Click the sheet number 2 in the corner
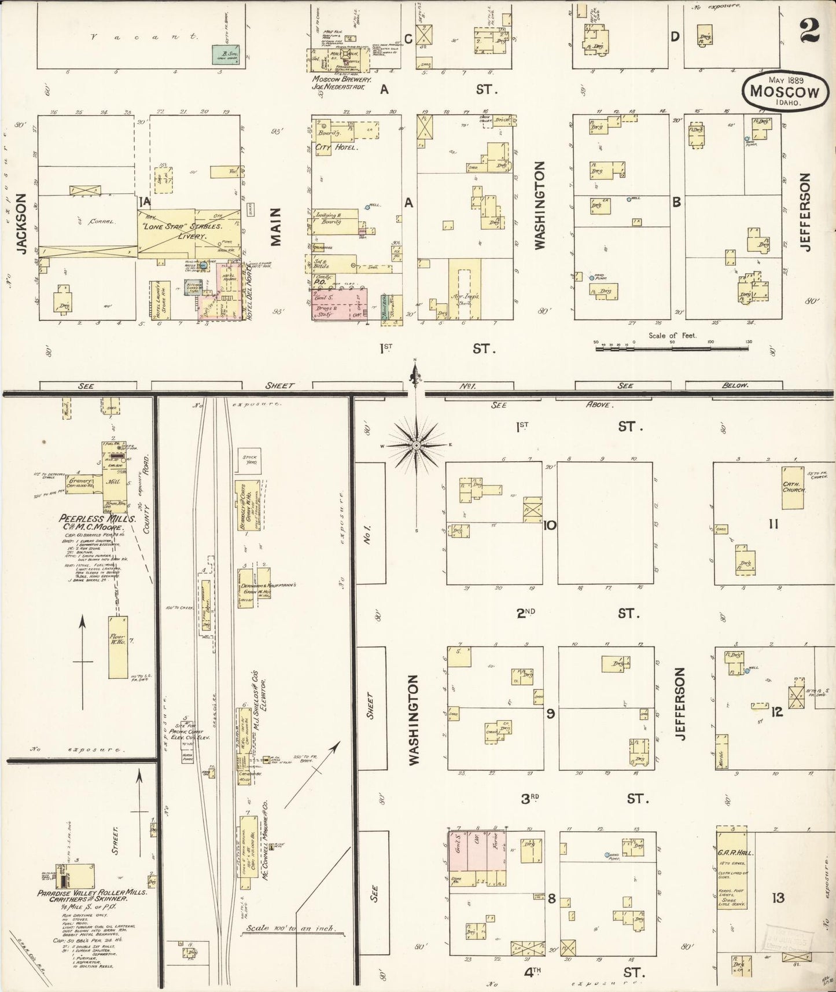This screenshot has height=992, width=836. [810, 29]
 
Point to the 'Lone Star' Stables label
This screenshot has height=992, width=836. [179, 227]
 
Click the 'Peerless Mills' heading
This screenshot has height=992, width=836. [98, 519]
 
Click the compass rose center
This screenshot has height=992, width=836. [416, 444]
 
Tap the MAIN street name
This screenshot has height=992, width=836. [275, 227]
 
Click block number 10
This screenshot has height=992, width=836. [550, 526]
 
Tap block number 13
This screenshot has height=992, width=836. [778, 898]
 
